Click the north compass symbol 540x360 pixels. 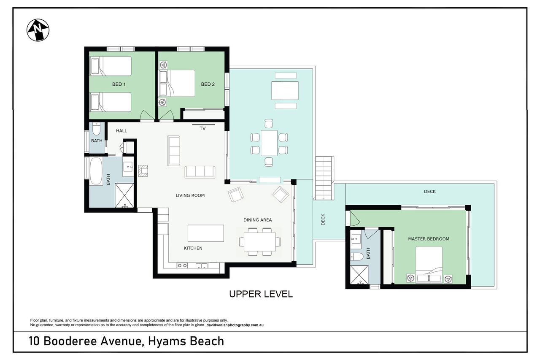(x=38, y=30)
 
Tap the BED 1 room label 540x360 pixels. (x=119, y=84)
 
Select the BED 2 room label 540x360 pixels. (x=208, y=84)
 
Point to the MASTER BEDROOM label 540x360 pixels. (x=429, y=239)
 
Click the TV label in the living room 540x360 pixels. (x=202, y=129)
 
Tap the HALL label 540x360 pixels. (x=121, y=131)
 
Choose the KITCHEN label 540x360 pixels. (x=193, y=248)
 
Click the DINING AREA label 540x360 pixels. (x=257, y=220)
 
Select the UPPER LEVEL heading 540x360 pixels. (x=261, y=294)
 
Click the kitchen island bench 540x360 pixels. (x=205, y=233)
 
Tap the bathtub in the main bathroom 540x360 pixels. (x=96, y=171)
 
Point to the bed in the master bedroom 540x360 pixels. (x=429, y=264)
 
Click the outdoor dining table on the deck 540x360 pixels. (x=269, y=143)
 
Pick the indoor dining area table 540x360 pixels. (x=260, y=242)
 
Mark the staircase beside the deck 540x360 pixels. (x=324, y=178)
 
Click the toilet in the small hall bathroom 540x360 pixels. (x=97, y=129)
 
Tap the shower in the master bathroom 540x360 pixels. (x=359, y=275)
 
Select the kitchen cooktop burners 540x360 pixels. (x=182, y=265)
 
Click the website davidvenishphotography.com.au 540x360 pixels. (x=235, y=325)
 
